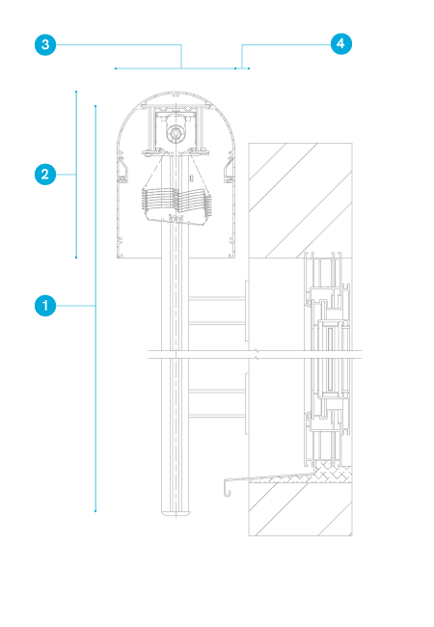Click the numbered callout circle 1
(45, 306)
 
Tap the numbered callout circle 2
(45, 175)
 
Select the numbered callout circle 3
(45, 44)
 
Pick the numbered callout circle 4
(341, 43)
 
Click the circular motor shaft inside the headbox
(175, 133)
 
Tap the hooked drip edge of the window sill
(227, 486)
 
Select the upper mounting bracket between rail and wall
(218, 311)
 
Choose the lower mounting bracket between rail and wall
(218, 403)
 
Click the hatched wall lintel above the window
(300, 201)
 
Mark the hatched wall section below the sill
(300, 508)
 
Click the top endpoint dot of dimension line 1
(95, 106)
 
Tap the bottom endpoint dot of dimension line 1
(95, 511)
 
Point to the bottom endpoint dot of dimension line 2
(76, 258)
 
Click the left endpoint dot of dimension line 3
(116, 68)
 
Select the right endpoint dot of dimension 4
(249, 68)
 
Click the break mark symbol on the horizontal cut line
(257, 354)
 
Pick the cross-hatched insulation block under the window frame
(334, 471)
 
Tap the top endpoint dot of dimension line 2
(76, 92)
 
